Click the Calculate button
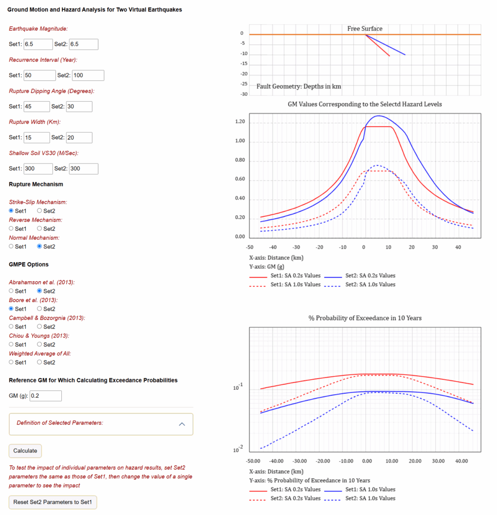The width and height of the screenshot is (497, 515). tap(25, 451)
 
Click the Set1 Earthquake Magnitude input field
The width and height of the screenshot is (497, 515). tap(38, 44)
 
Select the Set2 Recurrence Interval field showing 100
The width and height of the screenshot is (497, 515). tap(88, 75)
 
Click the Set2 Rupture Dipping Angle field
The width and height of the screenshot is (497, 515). tap(79, 107)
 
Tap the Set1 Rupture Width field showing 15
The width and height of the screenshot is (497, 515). tap(37, 138)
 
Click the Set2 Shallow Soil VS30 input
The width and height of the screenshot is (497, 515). tap(83, 168)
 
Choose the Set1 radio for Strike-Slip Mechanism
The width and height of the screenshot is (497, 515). tap(11, 211)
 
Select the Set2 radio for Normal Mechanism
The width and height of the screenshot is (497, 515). tap(39, 246)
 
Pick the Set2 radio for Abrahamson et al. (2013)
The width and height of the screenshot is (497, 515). tap(39, 291)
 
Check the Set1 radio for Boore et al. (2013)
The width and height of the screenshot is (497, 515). tap(11, 308)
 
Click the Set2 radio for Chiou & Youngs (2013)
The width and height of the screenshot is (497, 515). tap(39, 344)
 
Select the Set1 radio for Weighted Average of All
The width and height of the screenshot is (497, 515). tap(11, 362)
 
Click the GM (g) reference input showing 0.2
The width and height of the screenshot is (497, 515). tap(46, 396)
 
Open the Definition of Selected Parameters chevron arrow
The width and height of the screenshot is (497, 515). tap(182, 424)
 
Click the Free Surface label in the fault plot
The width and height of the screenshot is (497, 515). tap(365, 29)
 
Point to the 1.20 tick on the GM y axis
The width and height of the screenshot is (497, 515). tap(240, 122)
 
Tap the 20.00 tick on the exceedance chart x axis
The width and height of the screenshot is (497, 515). tap(415, 461)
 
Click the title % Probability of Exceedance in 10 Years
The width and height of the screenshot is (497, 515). tap(365, 318)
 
